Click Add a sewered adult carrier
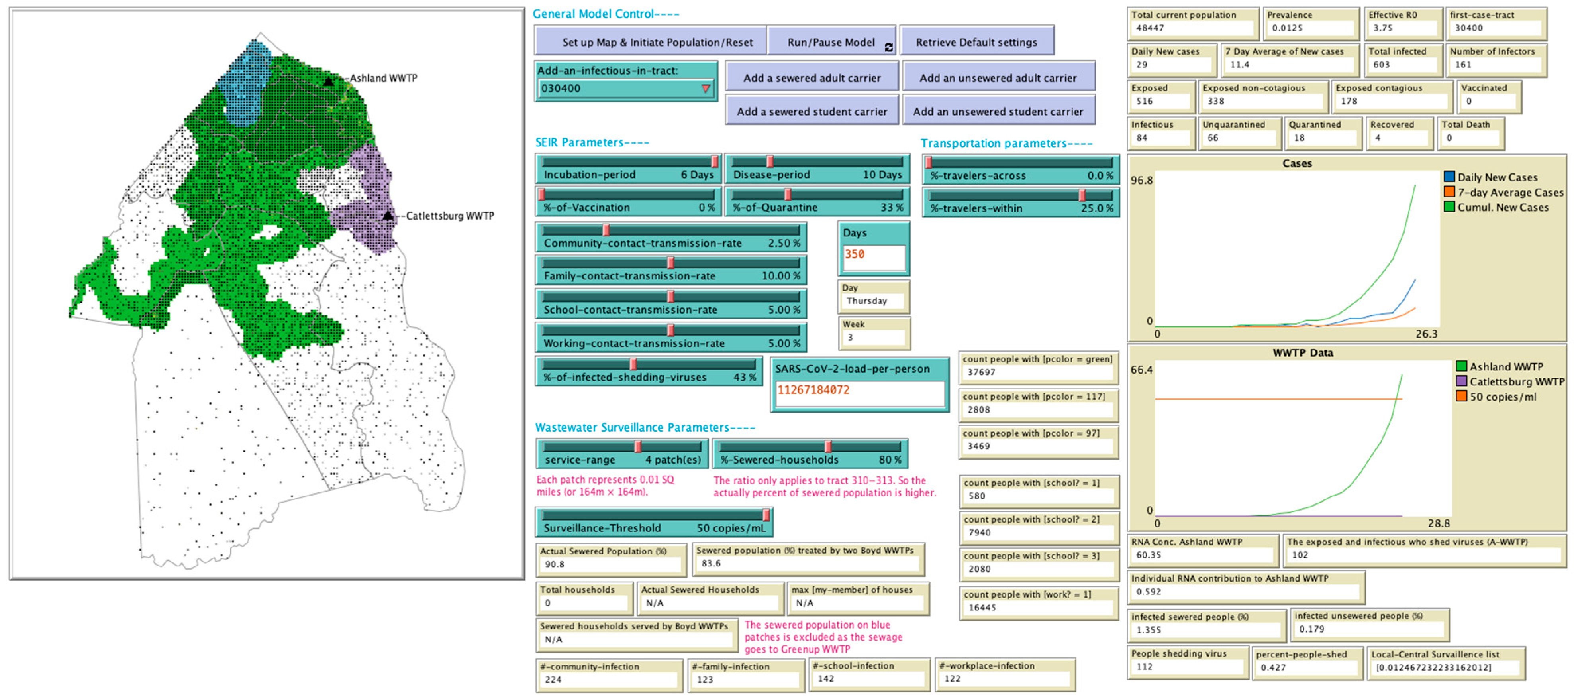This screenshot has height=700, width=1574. (812, 78)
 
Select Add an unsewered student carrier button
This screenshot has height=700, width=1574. (998, 111)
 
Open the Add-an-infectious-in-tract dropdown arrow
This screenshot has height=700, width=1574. (705, 88)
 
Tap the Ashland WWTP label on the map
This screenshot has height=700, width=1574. (383, 78)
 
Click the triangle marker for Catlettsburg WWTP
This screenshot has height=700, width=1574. (388, 216)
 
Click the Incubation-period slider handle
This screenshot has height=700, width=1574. (714, 162)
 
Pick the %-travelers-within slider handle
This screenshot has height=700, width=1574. (1082, 195)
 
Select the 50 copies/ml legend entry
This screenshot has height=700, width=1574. (1502, 397)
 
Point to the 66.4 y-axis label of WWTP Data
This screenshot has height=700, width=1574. (1141, 370)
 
